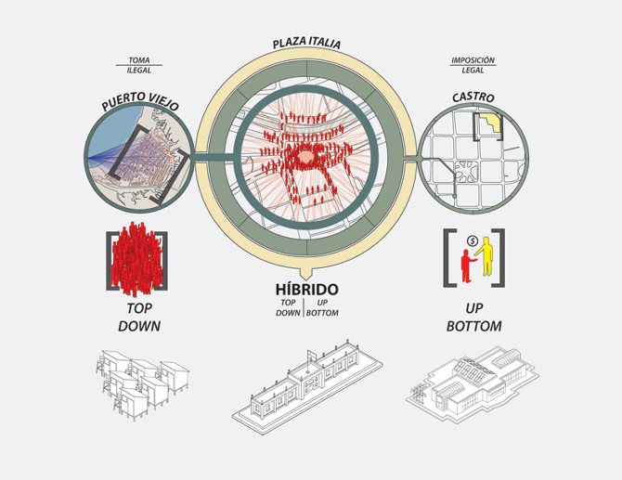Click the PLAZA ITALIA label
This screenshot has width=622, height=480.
(x=306, y=43)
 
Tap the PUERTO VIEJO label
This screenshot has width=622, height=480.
(x=140, y=101)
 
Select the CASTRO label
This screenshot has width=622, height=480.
(x=473, y=97)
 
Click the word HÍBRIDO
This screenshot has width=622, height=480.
(x=306, y=289)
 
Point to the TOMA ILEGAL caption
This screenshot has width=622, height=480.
(x=139, y=65)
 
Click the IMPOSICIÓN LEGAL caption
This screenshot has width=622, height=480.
(x=473, y=65)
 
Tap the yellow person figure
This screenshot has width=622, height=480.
(x=485, y=256)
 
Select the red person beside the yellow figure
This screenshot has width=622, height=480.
(x=467, y=266)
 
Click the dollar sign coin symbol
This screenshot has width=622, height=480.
(x=472, y=240)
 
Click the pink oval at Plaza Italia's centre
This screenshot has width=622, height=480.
(x=305, y=156)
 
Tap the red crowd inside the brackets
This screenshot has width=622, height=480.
(x=136, y=260)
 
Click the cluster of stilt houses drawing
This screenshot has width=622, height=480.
(x=142, y=384)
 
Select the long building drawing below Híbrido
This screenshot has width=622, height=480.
(x=307, y=386)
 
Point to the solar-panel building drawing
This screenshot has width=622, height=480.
(x=472, y=384)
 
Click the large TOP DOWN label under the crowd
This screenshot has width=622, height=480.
(x=139, y=317)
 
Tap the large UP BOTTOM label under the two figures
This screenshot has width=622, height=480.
(x=474, y=317)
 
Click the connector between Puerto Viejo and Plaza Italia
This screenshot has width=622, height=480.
(x=214, y=157)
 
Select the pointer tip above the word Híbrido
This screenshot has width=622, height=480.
(x=305, y=279)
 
